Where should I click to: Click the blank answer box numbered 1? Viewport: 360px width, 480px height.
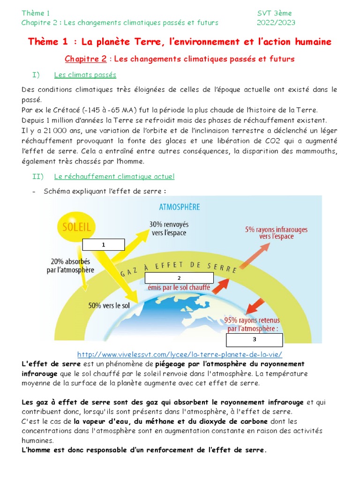(104, 245)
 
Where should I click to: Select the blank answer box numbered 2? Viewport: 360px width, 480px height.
(180, 277)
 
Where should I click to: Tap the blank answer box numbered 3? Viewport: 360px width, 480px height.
(255, 339)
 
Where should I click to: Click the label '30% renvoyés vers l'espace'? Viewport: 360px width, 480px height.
(169, 229)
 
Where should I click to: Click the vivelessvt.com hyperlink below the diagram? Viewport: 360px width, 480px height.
(180, 354)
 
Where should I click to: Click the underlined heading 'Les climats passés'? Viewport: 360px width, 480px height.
(85, 75)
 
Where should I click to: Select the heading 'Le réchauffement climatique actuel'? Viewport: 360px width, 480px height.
(114, 176)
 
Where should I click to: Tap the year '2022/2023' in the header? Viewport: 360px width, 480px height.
(276, 22)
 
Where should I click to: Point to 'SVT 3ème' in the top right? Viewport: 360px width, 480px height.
(274, 13)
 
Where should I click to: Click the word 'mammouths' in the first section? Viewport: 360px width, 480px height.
(317, 151)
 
